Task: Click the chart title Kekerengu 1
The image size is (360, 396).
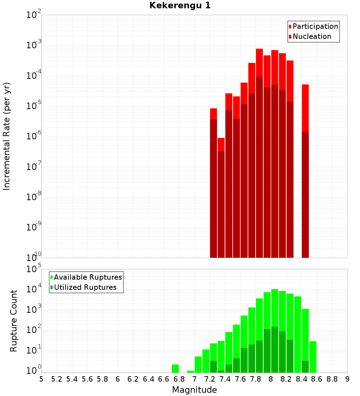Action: point(180,5)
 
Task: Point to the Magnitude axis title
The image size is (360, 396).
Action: point(194,390)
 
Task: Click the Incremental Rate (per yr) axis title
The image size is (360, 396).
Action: point(7,136)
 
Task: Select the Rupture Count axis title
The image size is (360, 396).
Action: point(14,320)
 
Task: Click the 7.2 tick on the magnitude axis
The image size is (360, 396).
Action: point(210,379)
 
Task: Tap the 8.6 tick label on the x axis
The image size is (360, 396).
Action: point(317,379)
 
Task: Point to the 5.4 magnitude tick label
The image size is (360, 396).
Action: point(72,379)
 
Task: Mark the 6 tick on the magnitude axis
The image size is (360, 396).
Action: point(118,379)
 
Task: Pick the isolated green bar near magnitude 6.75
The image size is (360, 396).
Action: point(175,368)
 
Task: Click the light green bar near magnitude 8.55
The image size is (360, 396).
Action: point(313,356)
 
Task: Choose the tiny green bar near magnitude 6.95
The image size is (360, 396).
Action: point(190,372)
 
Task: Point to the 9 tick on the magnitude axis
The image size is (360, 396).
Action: point(347,379)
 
